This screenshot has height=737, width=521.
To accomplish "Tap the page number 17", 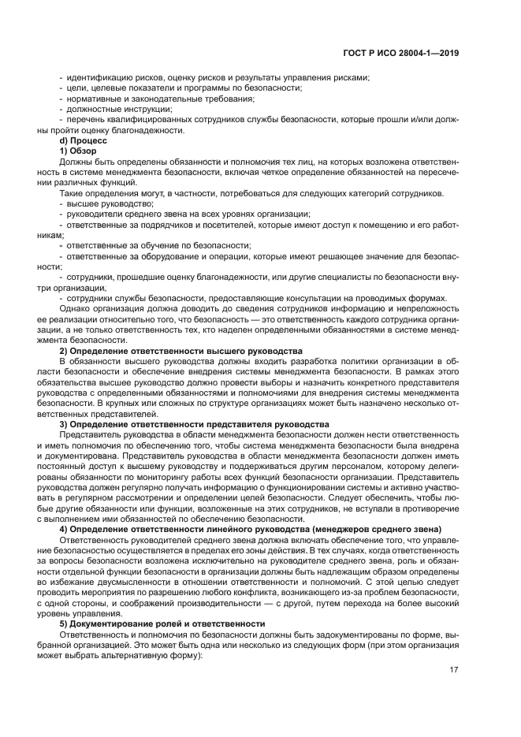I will pyautogui.click(x=454, y=670).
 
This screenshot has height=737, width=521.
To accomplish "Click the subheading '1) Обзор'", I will pyautogui.click(x=77, y=150).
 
